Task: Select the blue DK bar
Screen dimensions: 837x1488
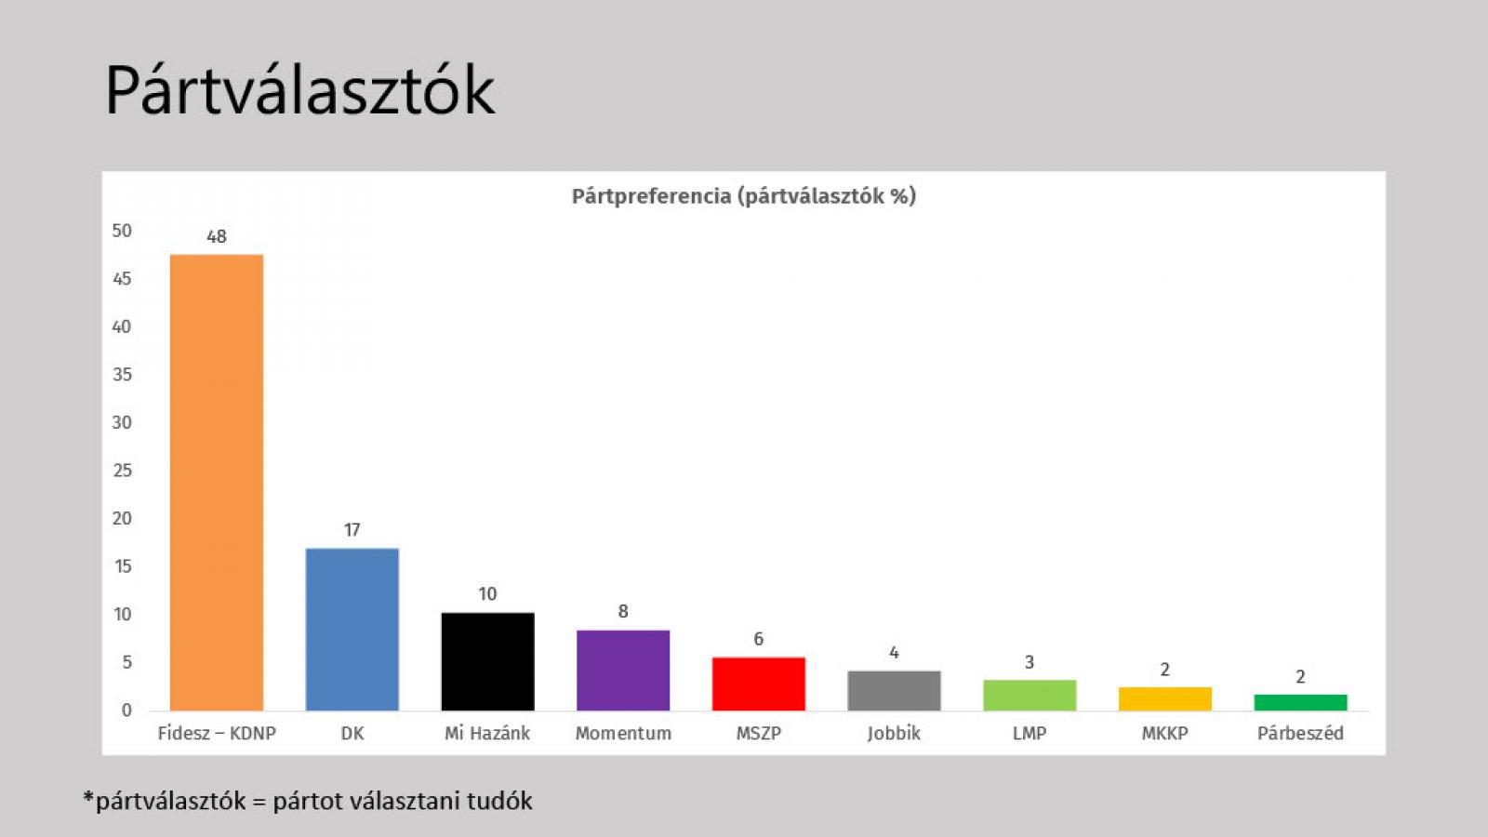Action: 352,630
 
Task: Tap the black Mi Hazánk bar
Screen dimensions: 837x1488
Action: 487,661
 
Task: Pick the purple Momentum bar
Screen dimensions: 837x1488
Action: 623,671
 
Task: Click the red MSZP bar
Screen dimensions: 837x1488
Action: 758,684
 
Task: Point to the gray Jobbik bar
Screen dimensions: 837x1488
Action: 894,690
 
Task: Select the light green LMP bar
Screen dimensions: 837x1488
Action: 1030,696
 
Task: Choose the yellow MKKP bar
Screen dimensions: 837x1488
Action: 1164,698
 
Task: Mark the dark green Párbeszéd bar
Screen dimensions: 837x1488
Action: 1300,702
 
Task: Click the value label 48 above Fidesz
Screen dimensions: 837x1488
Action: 217,236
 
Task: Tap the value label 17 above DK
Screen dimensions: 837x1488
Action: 352,530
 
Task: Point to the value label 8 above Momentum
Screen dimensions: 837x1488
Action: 623,611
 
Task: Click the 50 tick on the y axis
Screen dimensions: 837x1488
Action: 122,231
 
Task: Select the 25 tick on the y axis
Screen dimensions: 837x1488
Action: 122,471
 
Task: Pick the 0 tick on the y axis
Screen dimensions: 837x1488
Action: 126,711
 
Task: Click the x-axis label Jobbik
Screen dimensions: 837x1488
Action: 894,733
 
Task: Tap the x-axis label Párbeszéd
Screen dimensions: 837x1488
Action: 1300,733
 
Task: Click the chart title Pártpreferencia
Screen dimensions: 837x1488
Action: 651,196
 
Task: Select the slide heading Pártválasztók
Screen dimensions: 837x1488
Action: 299,91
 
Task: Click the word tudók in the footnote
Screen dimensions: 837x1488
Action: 501,801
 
